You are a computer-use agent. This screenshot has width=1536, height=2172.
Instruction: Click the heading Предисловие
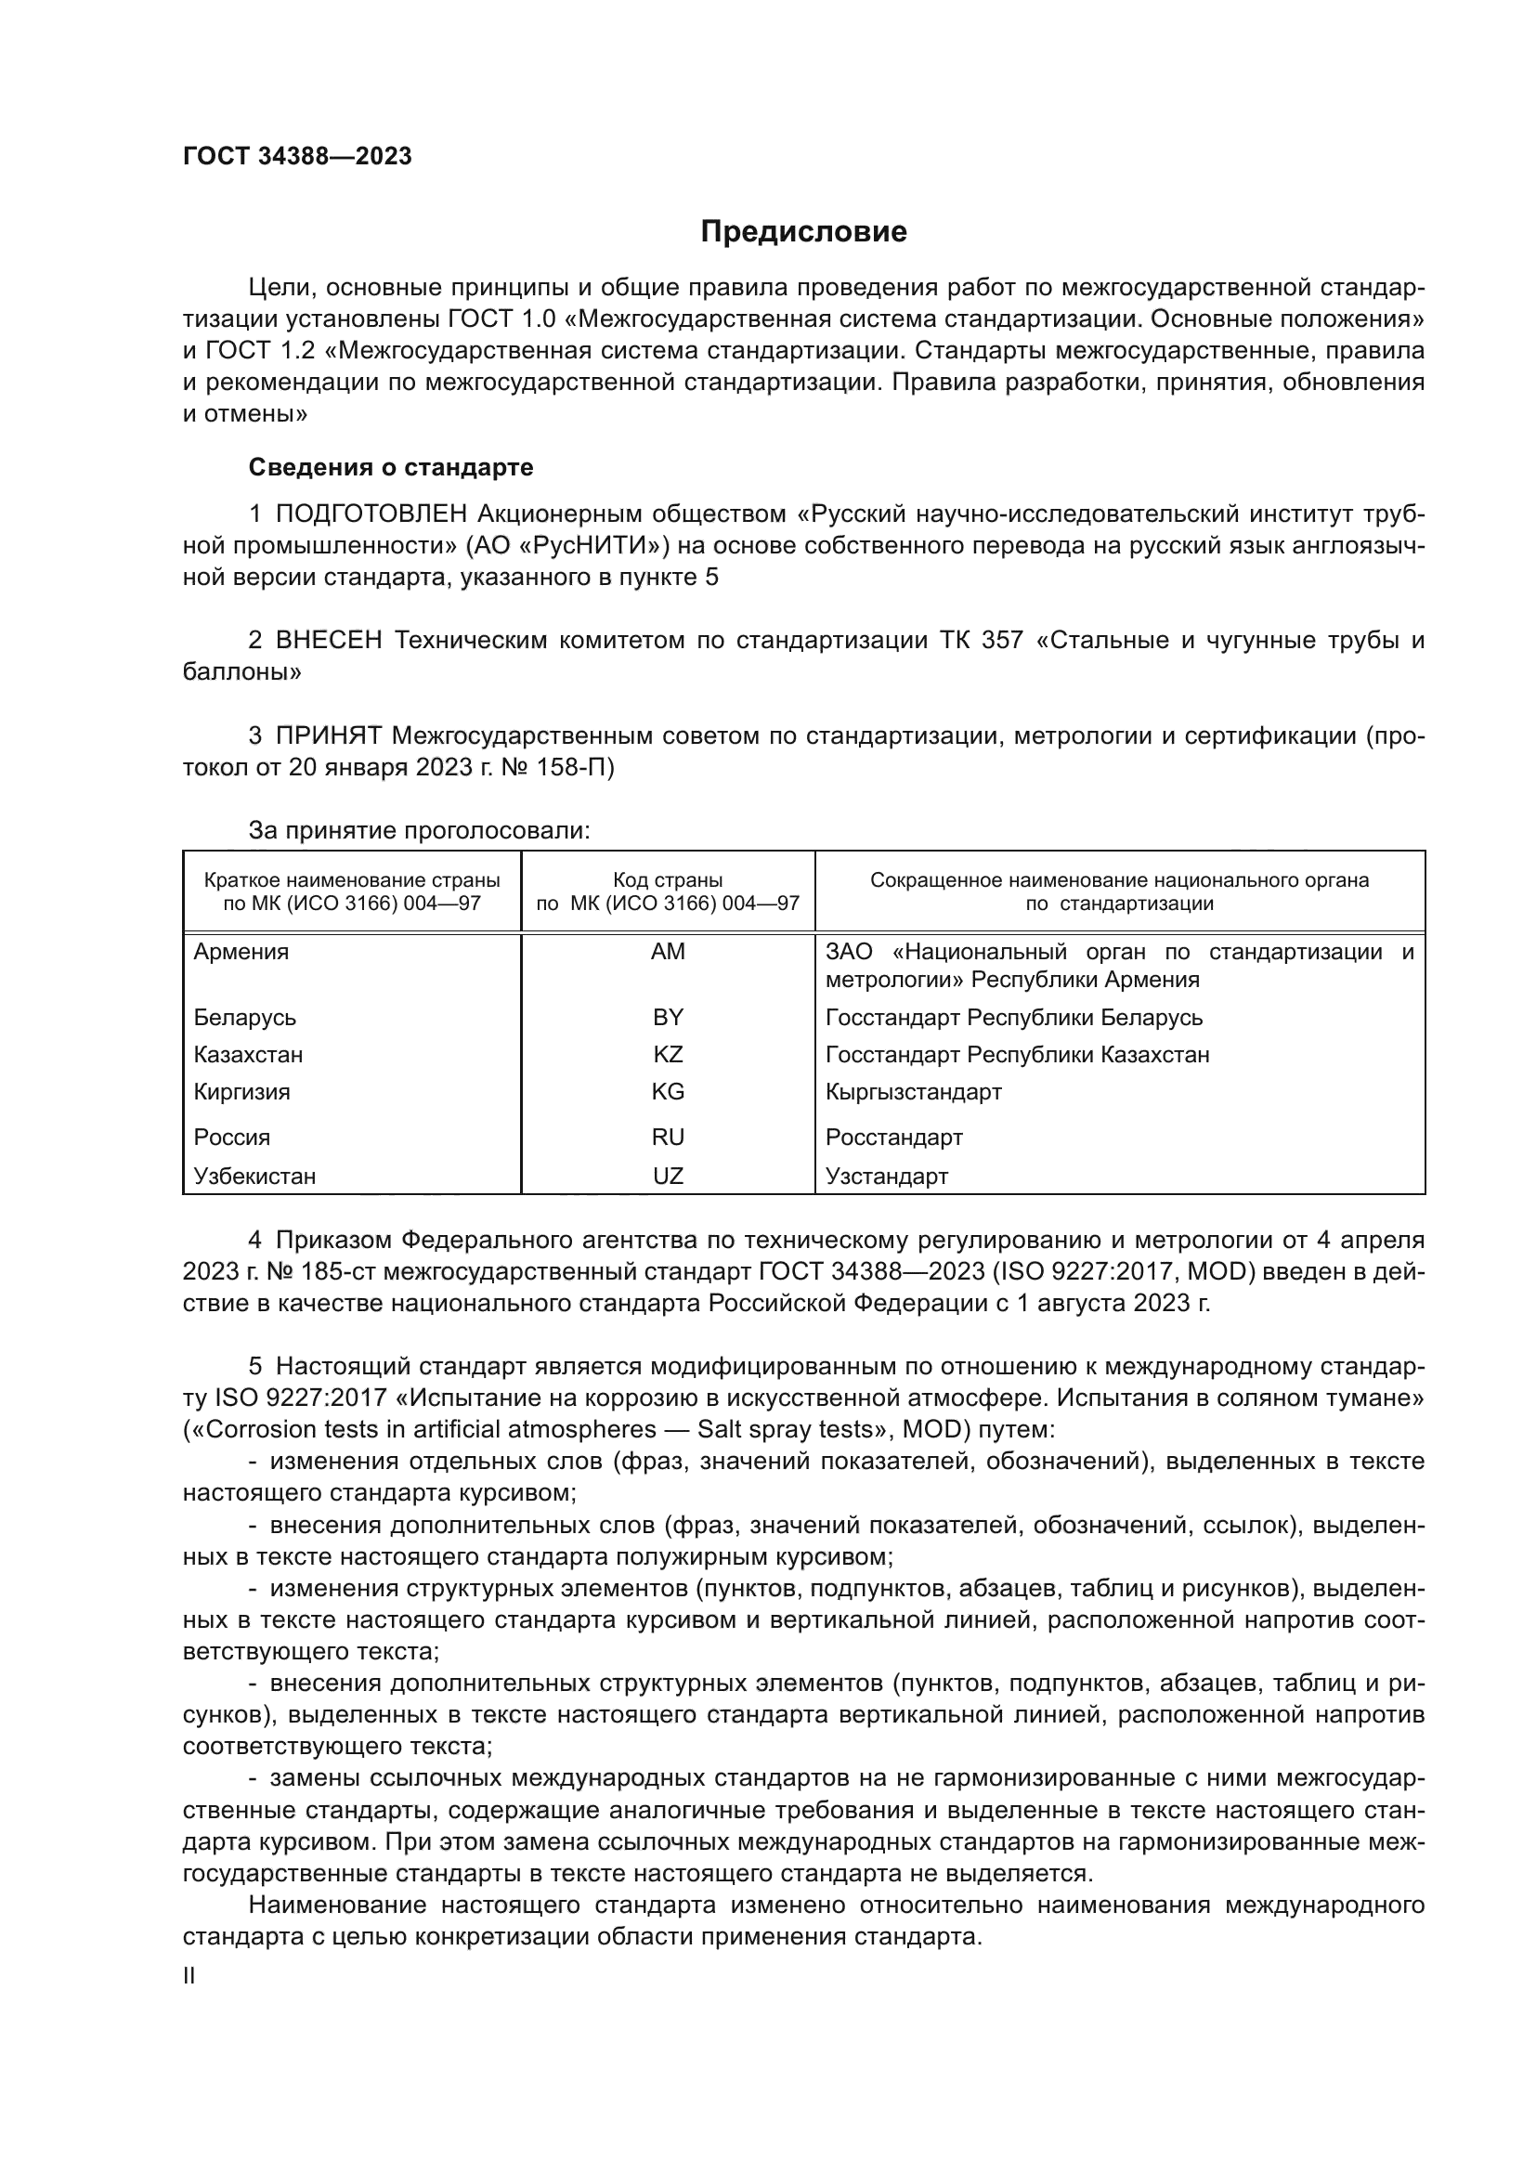(803, 232)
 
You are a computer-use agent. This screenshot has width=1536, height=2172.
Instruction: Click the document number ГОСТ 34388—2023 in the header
(297, 157)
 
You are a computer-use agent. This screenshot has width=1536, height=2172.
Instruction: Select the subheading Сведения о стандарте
(391, 467)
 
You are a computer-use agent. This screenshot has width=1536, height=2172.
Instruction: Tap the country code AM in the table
(668, 952)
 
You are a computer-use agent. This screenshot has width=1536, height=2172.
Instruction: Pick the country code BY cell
(668, 1017)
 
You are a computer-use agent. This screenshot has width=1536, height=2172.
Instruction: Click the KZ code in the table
(668, 1054)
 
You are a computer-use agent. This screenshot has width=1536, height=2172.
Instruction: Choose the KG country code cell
(668, 1092)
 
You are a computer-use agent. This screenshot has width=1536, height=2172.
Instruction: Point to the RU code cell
(668, 1138)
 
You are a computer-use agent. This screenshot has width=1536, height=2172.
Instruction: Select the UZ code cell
(668, 1176)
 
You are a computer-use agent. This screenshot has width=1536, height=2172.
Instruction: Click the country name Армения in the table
(241, 952)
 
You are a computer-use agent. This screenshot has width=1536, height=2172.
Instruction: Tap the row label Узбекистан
(254, 1176)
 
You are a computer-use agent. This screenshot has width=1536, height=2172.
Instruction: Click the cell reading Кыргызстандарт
(913, 1092)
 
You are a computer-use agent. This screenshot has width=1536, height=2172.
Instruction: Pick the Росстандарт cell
(893, 1138)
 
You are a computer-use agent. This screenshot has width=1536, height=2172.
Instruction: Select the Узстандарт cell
(886, 1176)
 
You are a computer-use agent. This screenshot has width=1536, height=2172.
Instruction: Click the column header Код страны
(668, 880)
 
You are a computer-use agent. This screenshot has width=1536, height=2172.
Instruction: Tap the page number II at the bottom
(189, 1975)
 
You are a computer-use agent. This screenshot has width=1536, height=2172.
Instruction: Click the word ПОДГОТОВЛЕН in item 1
(371, 514)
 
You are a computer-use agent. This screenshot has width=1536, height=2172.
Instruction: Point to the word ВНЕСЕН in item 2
(329, 641)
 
